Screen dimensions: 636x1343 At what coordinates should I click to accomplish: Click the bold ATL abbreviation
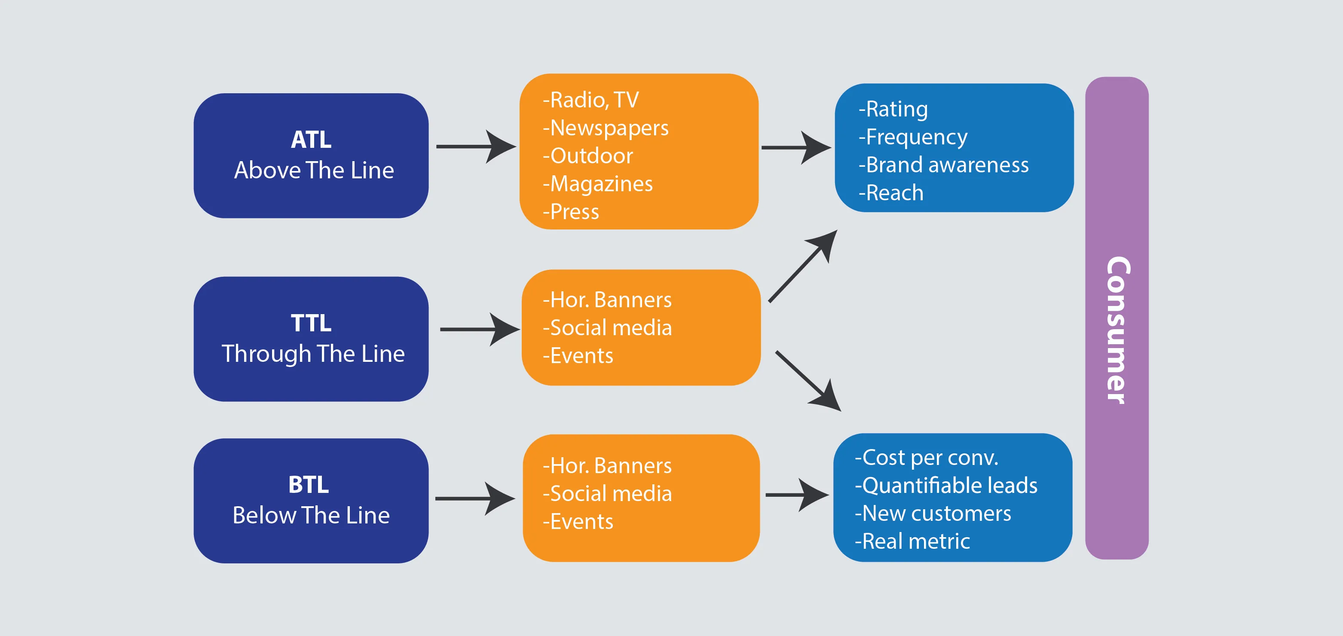point(311,140)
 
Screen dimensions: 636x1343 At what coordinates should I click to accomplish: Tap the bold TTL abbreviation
point(311,323)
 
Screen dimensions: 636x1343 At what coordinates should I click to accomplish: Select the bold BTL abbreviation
point(309,485)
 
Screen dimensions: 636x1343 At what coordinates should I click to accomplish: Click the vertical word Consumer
point(1117,330)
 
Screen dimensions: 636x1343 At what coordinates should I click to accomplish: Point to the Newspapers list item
point(606,128)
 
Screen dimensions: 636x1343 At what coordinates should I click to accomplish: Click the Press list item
point(572,212)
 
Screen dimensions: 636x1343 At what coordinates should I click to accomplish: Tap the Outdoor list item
point(588,156)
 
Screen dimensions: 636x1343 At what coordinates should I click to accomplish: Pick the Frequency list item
point(913,137)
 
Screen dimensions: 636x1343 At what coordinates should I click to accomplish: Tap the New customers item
point(933,514)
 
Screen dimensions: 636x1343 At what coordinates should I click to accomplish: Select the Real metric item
point(912,541)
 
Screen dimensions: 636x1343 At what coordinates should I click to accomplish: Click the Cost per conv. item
point(927,458)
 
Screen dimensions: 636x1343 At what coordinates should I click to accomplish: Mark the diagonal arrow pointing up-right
point(803,266)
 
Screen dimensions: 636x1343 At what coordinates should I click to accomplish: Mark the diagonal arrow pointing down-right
point(808,381)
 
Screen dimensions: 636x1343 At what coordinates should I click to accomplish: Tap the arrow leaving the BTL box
point(474,498)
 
